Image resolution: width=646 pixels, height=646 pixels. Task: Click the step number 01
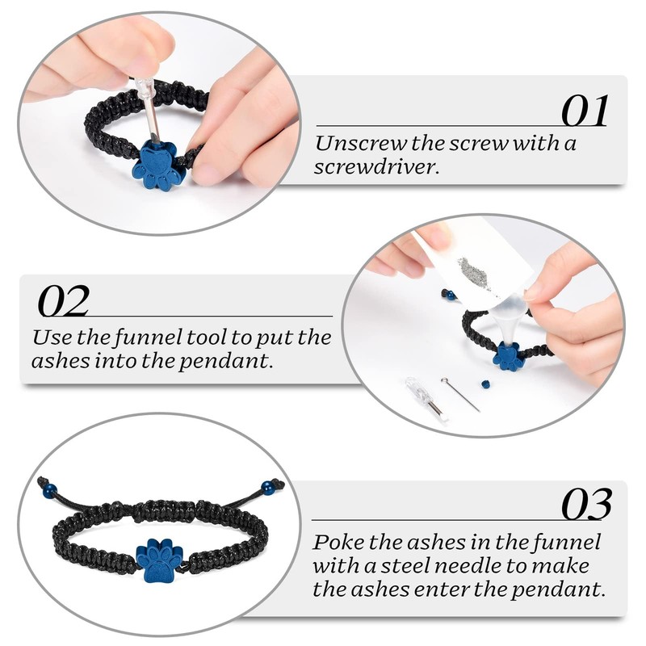point(585,111)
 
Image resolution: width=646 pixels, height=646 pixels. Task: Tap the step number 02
point(64,300)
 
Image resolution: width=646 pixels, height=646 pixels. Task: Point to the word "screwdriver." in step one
point(375,167)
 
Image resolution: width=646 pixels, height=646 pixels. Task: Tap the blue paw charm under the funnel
point(508,356)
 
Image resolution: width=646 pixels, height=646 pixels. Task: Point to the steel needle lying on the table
point(460,394)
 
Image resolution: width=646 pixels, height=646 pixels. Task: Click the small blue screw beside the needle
point(486,384)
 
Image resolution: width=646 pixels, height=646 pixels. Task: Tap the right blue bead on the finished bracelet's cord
point(267,488)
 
